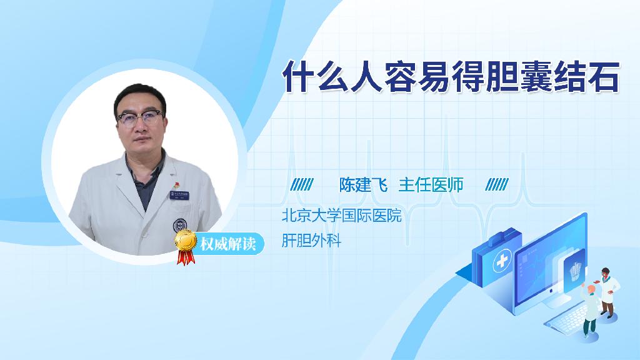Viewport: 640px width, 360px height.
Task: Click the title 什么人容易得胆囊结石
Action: pos(451,76)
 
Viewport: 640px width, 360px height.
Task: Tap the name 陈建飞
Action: pos(363,185)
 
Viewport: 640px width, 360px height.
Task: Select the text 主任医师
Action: pos(431,185)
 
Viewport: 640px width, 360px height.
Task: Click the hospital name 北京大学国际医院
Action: pos(342,216)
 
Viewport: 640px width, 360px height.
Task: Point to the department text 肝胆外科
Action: pos(311,241)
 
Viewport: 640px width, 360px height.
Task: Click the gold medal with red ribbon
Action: pos(186,246)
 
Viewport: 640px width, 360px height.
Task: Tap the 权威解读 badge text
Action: pos(228,244)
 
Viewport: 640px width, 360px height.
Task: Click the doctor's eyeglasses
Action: pos(140,118)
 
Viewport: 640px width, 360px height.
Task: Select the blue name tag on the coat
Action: pos(179,195)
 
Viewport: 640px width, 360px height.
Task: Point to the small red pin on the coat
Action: pos(176,185)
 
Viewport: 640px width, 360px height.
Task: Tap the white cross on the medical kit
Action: pos(502,261)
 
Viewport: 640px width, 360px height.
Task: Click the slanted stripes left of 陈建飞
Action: pos(302,185)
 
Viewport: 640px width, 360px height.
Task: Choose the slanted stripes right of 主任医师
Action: pos(497,185)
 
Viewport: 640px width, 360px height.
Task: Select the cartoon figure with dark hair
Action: pos(607,292)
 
